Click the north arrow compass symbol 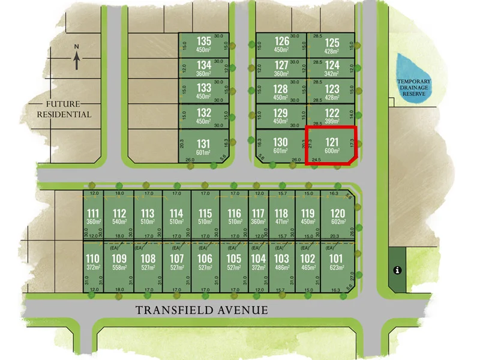click(77, 58)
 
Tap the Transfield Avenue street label click(201, 310)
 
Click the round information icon click(397, 270)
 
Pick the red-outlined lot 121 click(331, 145)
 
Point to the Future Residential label click(64, 109)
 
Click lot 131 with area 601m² click(204, 147)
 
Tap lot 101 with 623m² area click(337, 262)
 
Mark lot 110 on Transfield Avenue click(92, 262)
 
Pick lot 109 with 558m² click(119, 262)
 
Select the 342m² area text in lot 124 click(332, 73)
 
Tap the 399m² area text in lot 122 click(332, 121)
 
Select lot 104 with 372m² click(258, 262)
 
